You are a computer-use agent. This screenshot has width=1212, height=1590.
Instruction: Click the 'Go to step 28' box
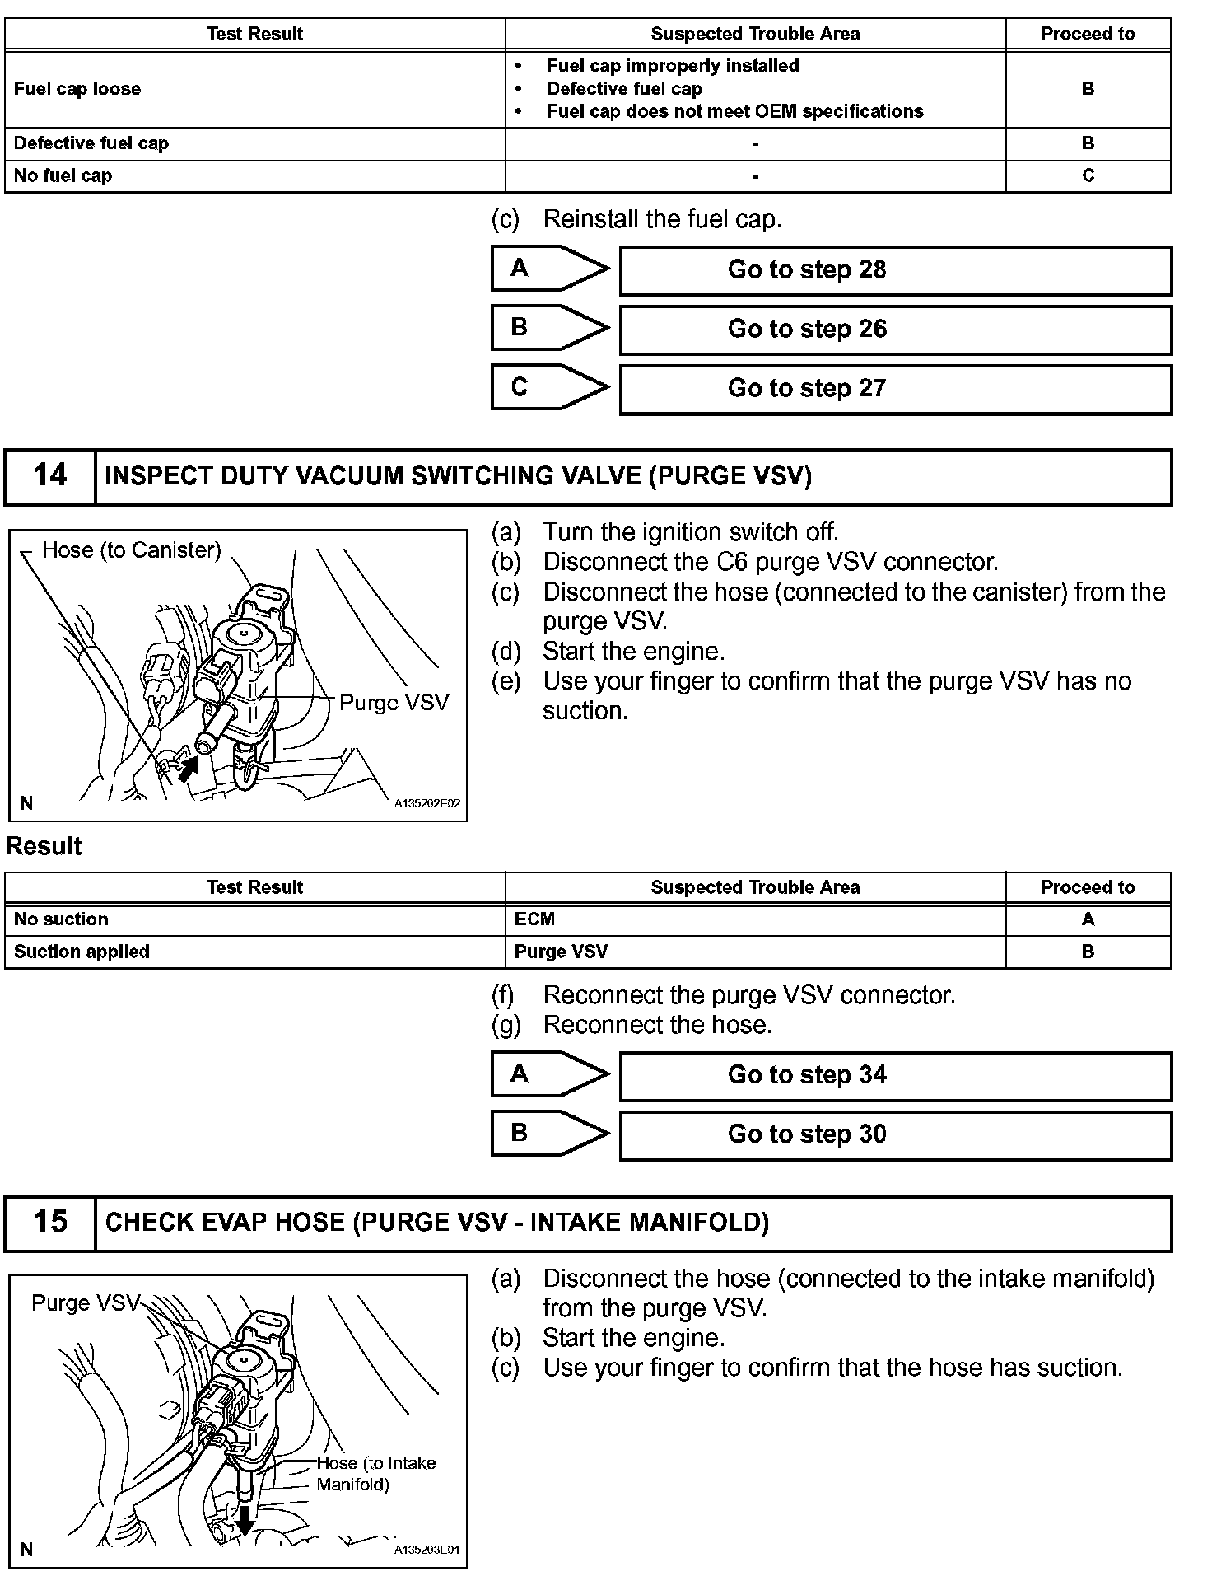(895, 270)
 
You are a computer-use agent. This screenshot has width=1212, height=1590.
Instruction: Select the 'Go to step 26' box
(895, 330)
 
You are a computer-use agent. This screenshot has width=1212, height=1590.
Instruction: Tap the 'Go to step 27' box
(895, 389)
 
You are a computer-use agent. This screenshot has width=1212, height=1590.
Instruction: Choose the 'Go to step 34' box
(895, 1076)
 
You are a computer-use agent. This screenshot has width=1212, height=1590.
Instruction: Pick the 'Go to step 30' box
(895, 1135)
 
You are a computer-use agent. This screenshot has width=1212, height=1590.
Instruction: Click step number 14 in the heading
(49, 476)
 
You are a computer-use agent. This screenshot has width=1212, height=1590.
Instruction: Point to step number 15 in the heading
(49, 1223)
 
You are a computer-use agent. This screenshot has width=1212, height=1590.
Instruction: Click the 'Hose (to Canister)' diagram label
(132, 550)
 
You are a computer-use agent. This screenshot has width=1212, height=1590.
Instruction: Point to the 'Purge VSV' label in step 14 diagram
(394, 703)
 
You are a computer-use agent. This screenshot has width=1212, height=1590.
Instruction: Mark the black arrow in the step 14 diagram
(189, 769)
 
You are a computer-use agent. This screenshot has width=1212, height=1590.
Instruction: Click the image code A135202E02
(427, 804)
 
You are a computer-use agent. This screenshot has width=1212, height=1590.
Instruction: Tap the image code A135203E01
(427, 1550)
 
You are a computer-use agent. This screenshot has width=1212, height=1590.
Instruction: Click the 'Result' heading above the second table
(44, 847)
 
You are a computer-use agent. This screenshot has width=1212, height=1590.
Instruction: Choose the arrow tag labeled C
(548, 388)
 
